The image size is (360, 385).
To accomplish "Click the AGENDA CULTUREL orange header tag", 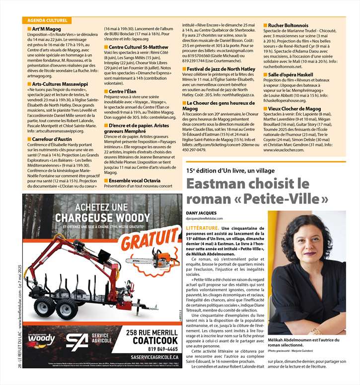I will tap(45, 21).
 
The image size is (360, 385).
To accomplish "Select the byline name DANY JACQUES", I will tap(205, 212).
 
